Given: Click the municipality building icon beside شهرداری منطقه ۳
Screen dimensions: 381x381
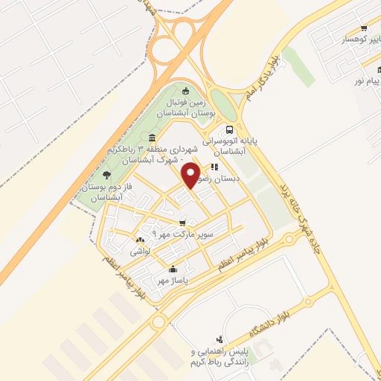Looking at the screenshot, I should pyautogui.click(x=153, y=138).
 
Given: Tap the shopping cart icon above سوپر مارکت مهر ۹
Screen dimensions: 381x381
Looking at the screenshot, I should pyautogui.click(x=182, y=222).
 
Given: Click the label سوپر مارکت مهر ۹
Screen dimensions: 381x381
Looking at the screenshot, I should pyautogui.click(x=182, y=234).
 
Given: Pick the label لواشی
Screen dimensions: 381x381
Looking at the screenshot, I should pyautogui.click(x=141, y=252).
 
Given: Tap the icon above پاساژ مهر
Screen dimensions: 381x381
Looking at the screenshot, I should pyautogui.click(x=173, y=269).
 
